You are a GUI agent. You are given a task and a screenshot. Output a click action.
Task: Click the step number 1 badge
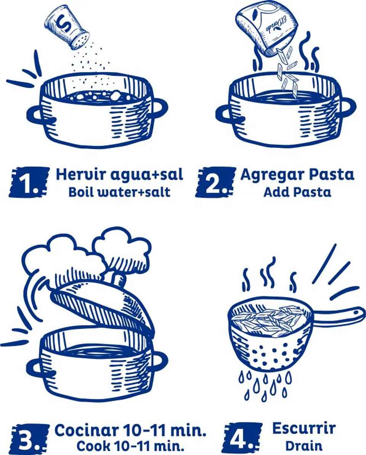click(x=29, y=182)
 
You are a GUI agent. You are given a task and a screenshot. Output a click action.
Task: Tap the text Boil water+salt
click(x=119, y=192)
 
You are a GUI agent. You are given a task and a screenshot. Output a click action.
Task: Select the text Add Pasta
click(x=297, y=192)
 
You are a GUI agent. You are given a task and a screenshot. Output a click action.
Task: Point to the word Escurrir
click(x=304, y=428)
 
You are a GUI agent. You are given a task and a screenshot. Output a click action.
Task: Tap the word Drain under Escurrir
click(x=303, y=445)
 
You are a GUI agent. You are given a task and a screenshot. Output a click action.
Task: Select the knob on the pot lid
click(x=119, y=277)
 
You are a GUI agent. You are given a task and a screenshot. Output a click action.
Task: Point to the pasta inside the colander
click(x=269, y=318)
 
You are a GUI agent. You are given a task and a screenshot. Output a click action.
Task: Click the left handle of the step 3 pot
click(x=36, y=368)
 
